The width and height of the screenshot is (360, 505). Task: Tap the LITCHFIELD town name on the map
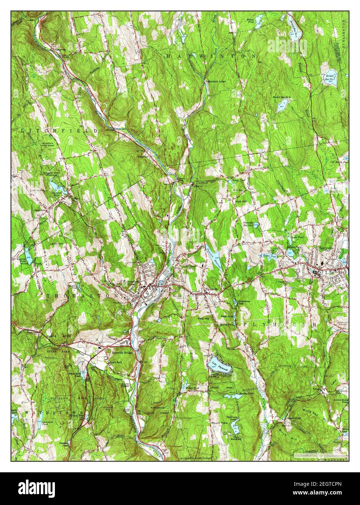pos(60,130)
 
